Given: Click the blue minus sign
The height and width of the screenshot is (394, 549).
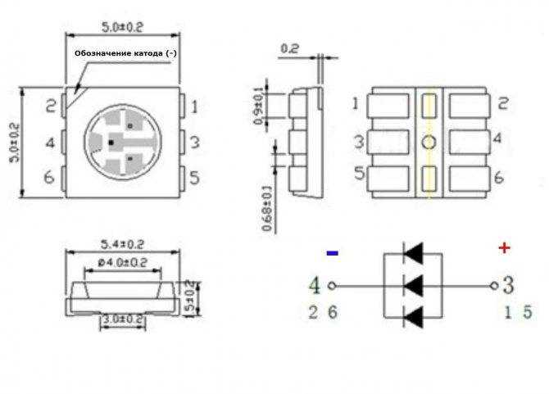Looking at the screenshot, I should click(332, 253).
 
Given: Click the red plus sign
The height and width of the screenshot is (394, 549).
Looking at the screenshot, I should click(504, 247).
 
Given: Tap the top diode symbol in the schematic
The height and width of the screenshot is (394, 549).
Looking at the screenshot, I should click(413, 254).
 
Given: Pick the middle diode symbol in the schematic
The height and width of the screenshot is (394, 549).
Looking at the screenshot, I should click(413, 286).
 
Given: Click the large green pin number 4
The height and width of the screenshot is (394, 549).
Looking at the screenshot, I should click(315, 286).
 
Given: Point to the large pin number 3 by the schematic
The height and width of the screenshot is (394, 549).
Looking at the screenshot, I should click(508, 286).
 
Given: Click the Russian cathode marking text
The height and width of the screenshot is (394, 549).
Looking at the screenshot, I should click(125, 53).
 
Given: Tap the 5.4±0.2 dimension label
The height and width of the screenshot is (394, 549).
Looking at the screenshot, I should click(122, 244).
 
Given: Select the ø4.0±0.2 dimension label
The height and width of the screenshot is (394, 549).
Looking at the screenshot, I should click(122, 262).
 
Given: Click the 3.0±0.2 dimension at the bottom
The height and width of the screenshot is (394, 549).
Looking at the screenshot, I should click(122, 319).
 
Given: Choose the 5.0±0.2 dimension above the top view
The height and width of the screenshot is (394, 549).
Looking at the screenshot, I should click(123, 26).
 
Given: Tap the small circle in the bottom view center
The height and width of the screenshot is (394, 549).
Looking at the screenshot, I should click(429, 143).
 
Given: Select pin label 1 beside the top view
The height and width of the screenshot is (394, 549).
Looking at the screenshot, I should click(194, 106).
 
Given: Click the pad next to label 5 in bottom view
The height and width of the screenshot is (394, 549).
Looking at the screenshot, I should click(389, 177).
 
